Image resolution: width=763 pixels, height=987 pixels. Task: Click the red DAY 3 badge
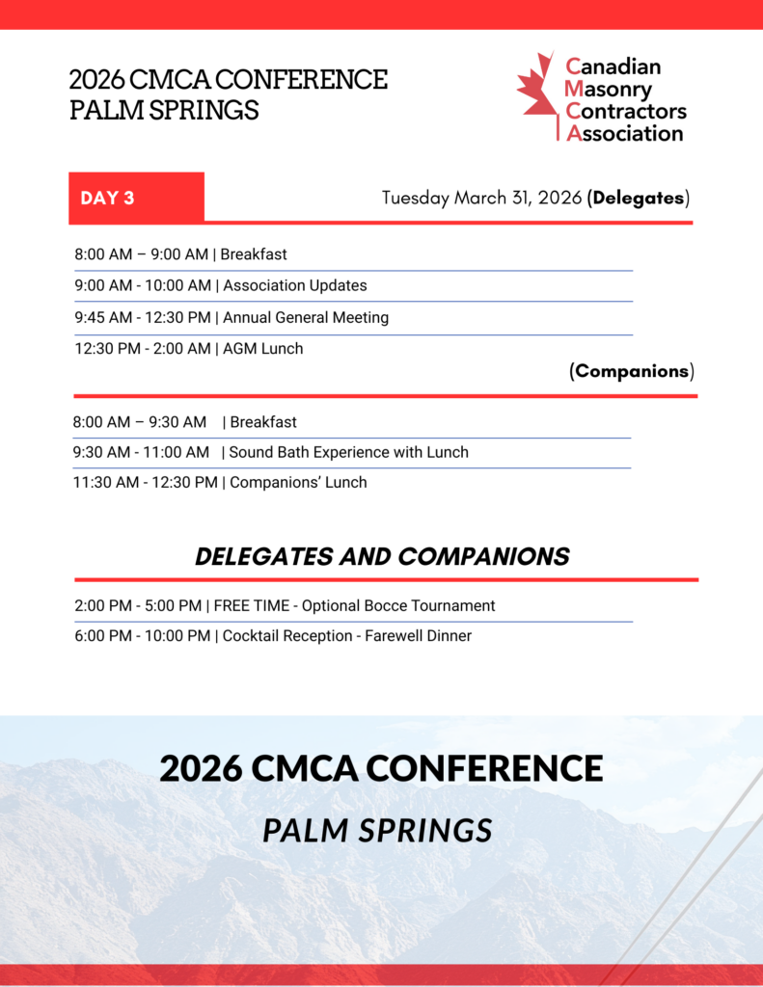(x=136, y=198)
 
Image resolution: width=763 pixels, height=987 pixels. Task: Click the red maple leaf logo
(x=536, y=95)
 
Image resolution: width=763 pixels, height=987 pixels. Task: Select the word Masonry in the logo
(x=609, y=89)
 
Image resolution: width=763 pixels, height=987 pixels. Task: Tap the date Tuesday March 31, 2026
(x=481, y=199)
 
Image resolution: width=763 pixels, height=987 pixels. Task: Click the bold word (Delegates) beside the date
(x=638, y=199)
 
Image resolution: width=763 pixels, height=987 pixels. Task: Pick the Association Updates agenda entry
(x=295, y=285)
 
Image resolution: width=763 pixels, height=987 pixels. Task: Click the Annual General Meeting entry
(x=306, y=317)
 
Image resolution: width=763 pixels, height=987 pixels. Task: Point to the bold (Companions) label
(x=632, y=371)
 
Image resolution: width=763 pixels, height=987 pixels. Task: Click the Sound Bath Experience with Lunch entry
(x=348, y=452)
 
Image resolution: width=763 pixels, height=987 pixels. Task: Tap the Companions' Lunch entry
(x=298, y=482)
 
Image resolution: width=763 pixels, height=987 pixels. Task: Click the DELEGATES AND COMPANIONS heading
(x=382, y=556)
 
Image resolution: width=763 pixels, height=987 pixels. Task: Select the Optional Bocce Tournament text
(x=398, y=606)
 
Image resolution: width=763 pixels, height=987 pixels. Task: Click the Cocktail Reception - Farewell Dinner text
(x=347, y=636)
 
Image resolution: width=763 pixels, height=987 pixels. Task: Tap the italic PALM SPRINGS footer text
(x=377, y=830)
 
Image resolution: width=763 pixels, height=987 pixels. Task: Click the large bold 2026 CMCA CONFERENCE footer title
(x=381, y=768)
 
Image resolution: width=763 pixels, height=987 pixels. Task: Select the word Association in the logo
(x=624, y=133)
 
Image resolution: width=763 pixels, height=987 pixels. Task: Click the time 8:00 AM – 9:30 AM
(x=139, y=422)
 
